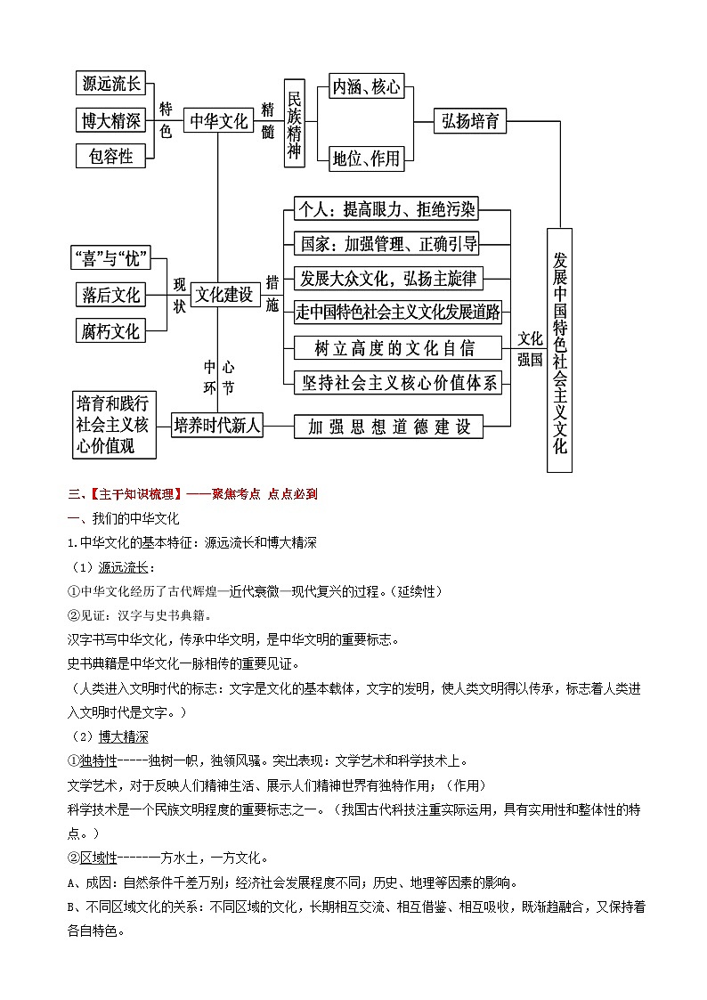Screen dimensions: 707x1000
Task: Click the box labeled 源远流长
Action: [x=110, y=84]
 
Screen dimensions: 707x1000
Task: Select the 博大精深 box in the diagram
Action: [x=110, y=120]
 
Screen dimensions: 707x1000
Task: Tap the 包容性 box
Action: [x=110, y=156]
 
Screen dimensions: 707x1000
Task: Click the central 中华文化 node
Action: [x=218, y=121]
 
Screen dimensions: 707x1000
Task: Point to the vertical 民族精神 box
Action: [x=296, y=122]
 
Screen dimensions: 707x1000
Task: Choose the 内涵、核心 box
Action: [x=366, y=86]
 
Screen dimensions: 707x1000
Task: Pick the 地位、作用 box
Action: [x=366, y=159]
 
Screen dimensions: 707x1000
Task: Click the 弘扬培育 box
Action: [x=470, y=121]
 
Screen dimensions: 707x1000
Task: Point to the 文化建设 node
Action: [x=224, y=294]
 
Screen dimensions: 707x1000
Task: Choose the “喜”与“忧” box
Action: [x=110, y=258]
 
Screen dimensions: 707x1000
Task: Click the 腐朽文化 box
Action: [x=110, y=330]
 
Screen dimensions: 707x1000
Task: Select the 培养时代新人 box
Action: [x=218, y=426]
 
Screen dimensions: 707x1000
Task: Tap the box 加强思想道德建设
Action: [x=388, y=427]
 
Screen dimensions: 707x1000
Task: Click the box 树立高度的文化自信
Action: [x=397, y=346]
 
